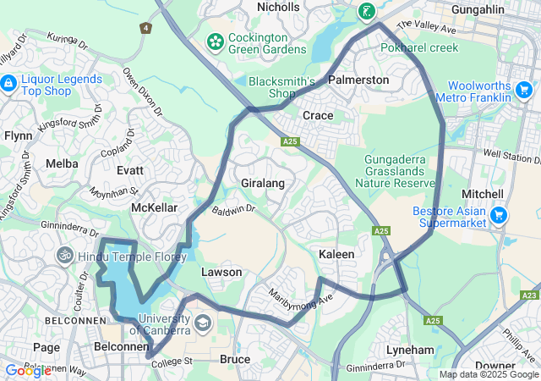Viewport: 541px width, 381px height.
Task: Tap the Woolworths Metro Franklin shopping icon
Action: [524, 89]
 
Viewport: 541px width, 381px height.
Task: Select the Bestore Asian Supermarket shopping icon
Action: [500, 215]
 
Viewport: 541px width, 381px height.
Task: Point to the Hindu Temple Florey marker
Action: [63, 255]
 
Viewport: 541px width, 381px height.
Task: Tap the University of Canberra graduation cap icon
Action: [203, 323]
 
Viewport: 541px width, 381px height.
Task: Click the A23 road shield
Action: [530, 295]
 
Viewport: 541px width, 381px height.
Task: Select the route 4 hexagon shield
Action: [146, 28]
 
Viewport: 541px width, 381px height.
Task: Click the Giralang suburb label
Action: [262, 183]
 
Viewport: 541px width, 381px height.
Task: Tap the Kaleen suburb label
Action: [336, 254]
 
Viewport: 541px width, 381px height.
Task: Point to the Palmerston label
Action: [358, 80]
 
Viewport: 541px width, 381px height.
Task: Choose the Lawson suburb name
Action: [221, 272]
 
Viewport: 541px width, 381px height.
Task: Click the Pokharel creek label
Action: [419, 47]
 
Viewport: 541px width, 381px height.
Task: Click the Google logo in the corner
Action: [28, 371]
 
